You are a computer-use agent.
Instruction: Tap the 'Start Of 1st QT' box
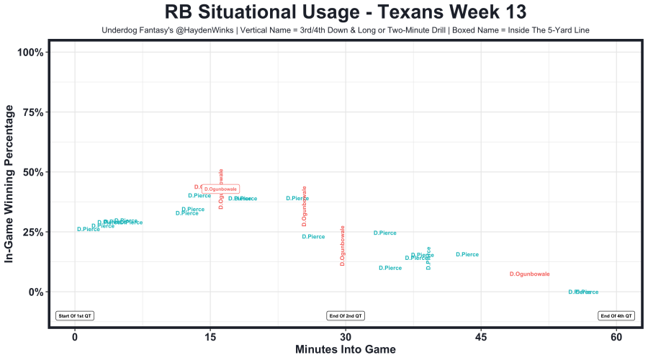coord(76,315)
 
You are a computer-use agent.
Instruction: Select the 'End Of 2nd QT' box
coord(346,315)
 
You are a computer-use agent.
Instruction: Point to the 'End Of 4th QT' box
coord(616,315)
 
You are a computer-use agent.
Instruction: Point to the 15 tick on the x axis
coord(210,338)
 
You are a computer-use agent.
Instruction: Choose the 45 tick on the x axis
coord(481,338)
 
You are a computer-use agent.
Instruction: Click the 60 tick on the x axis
coord(616,338)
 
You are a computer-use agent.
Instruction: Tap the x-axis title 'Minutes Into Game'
coord(345,350)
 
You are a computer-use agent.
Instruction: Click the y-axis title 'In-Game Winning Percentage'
coord(9,184)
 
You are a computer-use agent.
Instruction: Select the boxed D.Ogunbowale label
coord(220,189)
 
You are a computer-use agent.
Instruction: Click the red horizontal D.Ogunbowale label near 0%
coord(529,274)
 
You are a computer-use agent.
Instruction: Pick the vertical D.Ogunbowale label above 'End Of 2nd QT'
coord(343,246)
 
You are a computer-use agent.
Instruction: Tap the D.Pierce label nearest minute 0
coord(89,230)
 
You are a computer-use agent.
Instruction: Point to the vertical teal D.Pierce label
coord(429,258)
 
